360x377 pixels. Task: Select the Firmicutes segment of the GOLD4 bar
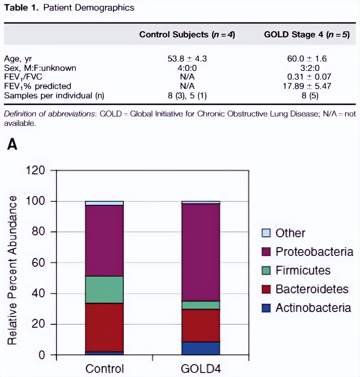[x=200, y=305]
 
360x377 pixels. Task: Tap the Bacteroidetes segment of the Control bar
[x=104, y=327]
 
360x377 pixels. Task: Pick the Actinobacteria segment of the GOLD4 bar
[x=200, y=348]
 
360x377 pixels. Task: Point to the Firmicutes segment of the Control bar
[x=104, y=289]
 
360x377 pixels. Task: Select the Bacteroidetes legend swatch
[x=266, y=289]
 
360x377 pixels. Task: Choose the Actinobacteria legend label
[x=313, y=308]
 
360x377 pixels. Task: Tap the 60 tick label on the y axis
[x=38, y=262]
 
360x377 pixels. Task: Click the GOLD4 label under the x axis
[x=201, y=369]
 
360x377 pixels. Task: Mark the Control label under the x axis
[x=104, y=369]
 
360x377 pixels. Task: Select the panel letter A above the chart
[x=12, y=144]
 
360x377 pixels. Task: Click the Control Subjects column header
[x=187, y=34]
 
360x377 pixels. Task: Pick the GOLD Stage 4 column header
[x=307, y=34]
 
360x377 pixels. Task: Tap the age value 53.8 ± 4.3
[x=187, y=59]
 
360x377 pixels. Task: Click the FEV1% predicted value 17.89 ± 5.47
[x=307, y=86]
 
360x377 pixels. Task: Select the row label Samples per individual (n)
[x=54, y=95]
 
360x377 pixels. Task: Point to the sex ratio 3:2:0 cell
[x=307, y=68]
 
